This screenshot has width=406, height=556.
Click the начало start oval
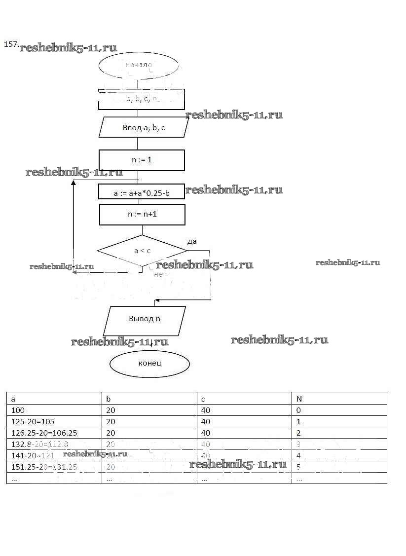point(138,66)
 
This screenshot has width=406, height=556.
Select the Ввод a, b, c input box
point(144,128)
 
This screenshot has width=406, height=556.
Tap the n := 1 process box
point(142,160)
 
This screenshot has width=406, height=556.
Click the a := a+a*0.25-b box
point(142,193)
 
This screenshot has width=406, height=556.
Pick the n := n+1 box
point(142,215)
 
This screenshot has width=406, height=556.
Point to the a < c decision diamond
point(142,251)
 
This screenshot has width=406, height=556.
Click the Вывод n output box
point(145,319)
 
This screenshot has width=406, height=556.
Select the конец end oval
point(149,364)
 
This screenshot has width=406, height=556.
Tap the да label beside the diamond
point(192,241)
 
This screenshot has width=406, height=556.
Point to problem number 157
point(11,44)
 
